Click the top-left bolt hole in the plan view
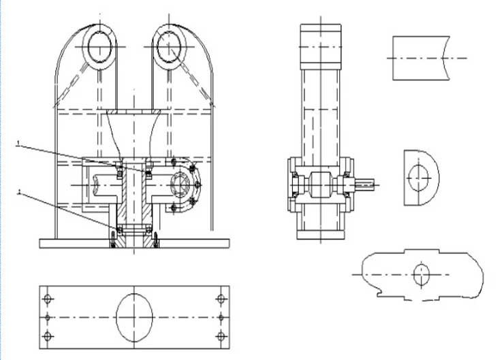click(47, 299)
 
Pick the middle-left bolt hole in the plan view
click(47, 317)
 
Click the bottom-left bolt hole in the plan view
click(47, 336)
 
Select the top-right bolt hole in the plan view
click(221, 299)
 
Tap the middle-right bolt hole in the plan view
click(221, 317)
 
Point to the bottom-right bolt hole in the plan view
click(221, 336)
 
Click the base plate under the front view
click(134, 243)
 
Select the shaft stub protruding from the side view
click(366, 183)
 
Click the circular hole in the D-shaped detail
click(418, 178)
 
